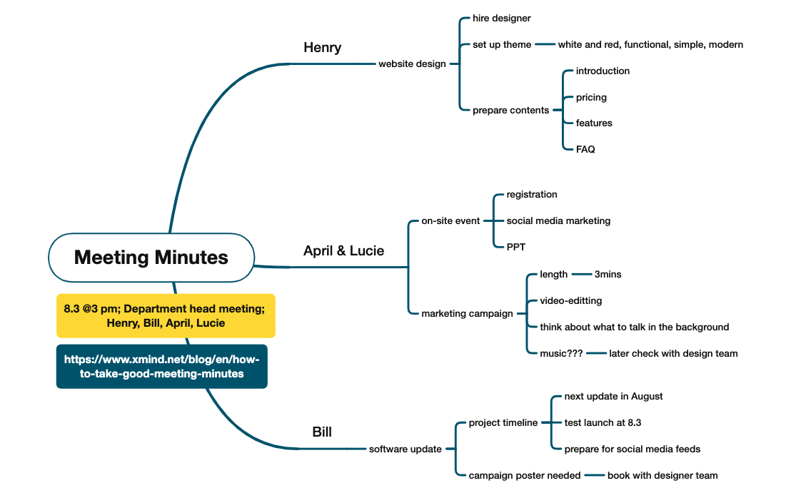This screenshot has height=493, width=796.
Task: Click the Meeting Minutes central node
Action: click(151, 258)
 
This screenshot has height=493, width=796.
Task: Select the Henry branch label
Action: click(323, 48)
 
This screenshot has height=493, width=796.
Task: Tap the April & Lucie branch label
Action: click(343, 250)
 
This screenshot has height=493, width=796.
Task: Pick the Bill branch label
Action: click(322, 432)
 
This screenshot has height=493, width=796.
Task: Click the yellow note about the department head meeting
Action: click(166, 315)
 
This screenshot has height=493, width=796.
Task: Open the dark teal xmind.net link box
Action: click(162, 367)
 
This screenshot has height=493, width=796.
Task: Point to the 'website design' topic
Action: click(412, 63)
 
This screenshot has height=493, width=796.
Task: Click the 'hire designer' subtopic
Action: click(501, 18)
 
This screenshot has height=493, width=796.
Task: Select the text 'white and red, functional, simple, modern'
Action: click(650, 44)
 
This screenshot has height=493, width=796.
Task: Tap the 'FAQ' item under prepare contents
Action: click(585, 149)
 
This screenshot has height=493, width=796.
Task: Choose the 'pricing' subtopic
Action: click(591, 97)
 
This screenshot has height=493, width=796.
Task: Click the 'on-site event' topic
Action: click(450, 220)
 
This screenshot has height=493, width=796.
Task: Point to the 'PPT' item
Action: click(516, 247)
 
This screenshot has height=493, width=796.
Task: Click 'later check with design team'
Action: click(673, 353)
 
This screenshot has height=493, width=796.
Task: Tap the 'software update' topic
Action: click(405, 449)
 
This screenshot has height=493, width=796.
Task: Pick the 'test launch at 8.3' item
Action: click(603, 422)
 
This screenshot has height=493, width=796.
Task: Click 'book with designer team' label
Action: click(663, 475)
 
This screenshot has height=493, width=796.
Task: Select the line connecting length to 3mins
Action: click(582, 274)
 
